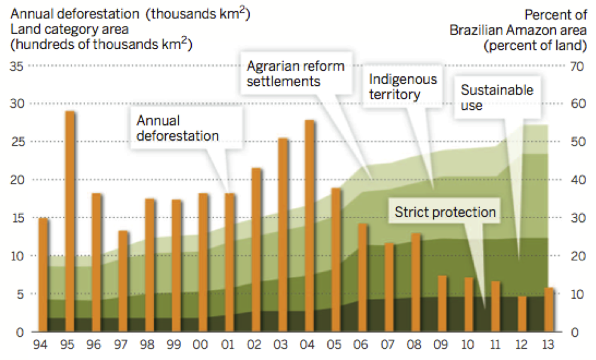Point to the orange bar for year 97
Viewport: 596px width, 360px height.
[x=123, y=281]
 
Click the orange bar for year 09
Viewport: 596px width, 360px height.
[x=442, y=303]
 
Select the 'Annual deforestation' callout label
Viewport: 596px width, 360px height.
[x=177, y=128]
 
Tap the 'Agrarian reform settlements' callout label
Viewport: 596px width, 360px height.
[x=295, y=74]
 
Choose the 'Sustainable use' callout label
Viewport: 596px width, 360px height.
[x=496, y=98]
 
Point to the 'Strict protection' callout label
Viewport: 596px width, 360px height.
[x=445, y=212]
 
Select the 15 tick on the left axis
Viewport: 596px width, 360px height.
[x=18, y=218]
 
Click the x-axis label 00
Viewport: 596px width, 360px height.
[x=203, y=346]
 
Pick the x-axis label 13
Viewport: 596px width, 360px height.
[x=549, y=346]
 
